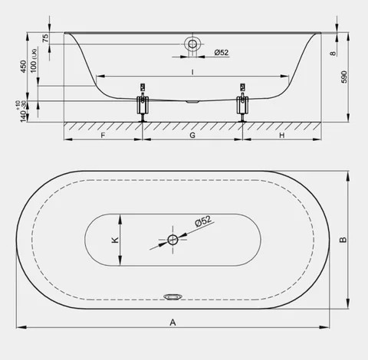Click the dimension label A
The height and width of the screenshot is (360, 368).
(172, 322)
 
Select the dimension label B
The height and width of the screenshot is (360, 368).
(343, 240)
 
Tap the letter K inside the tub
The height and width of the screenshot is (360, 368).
(115, 240)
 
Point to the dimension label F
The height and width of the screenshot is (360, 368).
(103, 135)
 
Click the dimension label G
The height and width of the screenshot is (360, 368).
(192, 135)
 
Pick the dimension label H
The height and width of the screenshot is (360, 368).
(281, 135)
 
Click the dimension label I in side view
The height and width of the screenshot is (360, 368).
(192, 72)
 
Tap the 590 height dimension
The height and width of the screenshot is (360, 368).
(344, 77)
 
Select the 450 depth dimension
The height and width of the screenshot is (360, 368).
(23, 67)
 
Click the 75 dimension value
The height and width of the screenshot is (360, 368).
(45, 38)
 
